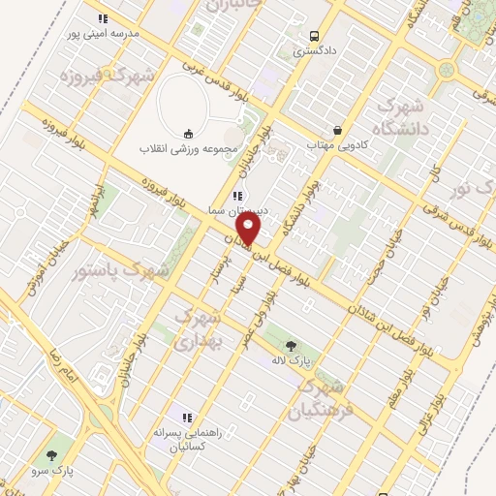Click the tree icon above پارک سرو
[51, 452]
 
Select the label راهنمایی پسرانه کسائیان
[190, 442]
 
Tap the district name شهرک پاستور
[119, 271]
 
